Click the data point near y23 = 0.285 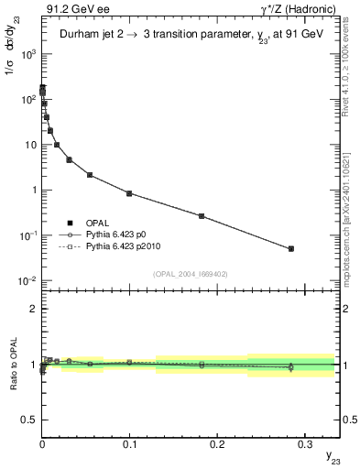290,248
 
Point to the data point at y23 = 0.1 129,193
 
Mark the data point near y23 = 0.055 90,174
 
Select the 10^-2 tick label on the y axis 27,281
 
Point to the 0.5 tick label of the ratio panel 27,420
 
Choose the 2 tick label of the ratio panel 31,309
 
